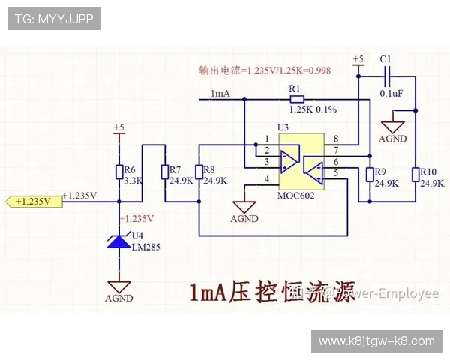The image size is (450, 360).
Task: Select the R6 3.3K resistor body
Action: click(x=119, y=172)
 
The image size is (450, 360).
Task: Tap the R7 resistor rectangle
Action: click(x=165, y=172)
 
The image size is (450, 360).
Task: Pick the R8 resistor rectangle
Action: click(x=198, y=172)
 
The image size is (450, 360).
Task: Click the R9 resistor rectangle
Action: click(x=369, y=175)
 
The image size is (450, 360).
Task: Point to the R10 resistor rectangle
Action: click(x=415, y=175)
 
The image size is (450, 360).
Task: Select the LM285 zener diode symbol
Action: click(x=119, y=240)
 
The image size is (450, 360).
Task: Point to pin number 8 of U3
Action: click(x=335, y=139)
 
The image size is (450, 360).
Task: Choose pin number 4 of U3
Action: click(x=266, y=179)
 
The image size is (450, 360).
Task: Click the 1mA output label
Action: click(x=221, y=93)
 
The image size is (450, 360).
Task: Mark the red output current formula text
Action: click(x=265, y=70)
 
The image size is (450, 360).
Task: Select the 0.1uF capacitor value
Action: click(x=392, y=94)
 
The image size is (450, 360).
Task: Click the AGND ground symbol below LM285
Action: click(x=119, y=288)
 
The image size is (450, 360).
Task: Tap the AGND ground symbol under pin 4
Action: click(x=244, y=208)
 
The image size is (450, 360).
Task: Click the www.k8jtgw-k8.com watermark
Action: click(x=376, y=341)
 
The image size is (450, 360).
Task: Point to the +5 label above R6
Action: click(x=118, y=128)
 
